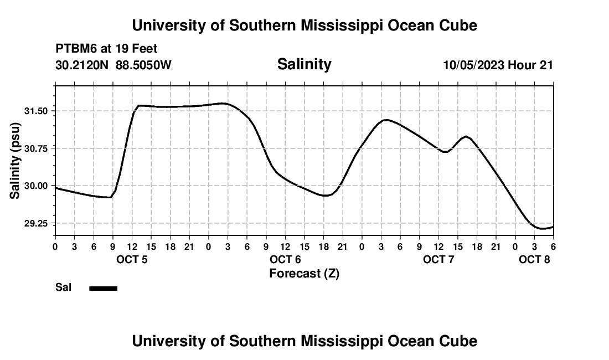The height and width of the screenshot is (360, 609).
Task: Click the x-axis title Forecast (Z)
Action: point(304,273)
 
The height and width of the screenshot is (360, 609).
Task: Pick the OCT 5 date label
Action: point(132,260)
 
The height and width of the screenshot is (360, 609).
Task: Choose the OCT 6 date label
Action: point(285,260)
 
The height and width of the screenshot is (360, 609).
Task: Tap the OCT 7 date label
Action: point(438,260)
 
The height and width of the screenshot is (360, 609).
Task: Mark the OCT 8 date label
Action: point(534,260)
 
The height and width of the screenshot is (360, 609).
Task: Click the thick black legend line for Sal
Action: point(104,288)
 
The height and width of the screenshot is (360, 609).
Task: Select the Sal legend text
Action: point(63,287)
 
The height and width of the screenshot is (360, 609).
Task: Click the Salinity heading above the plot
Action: point(304,64)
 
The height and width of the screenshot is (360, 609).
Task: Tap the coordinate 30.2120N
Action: point(82,65)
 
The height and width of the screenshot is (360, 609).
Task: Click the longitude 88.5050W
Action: point(143,65)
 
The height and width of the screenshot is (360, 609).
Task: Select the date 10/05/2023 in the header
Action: point(473,65)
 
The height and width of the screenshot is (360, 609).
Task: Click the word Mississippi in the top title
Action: point(333,25)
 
